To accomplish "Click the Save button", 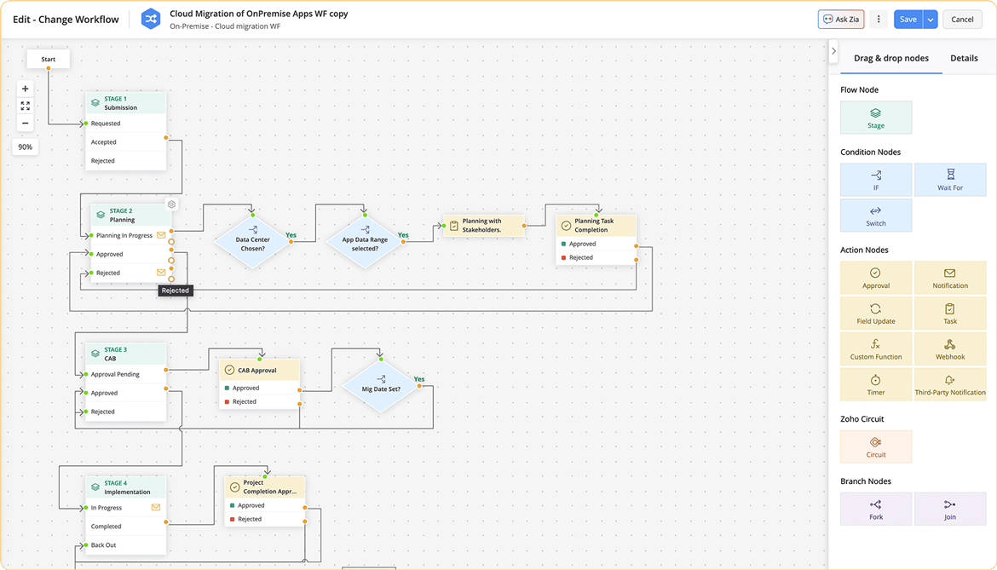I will (x=908, y=20).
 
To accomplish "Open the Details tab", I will (x=964, y=58).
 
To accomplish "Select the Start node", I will (x=49, y=60).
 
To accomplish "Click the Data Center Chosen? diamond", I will (x=252, y=242).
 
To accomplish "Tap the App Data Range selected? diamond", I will (x=365, y=242).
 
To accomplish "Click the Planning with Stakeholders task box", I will (x=482, y=226).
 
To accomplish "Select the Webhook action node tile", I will (x=949, y=349).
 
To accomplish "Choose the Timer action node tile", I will (x=876, y=384).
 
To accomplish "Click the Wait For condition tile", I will (x=949, y=180).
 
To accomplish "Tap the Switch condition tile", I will (x=876, y=216).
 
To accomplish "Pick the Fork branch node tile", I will (x=876, y=509).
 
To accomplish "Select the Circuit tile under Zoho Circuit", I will (x=876, y=446).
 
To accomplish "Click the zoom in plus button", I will (x=26, y=89).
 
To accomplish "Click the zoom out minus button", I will (x=26, y=124).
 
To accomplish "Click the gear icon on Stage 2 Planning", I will (x=171, y=204).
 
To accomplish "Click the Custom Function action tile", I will (x=876, y=349).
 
